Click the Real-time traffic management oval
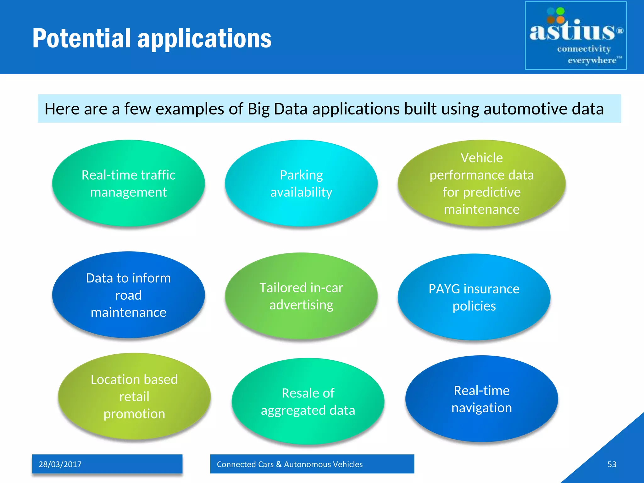pyautogui.click(x=128, y=183)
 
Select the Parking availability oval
pyautogui.click(x=301, y=183)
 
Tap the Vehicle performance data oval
pyautogui.click(x=481, y=183)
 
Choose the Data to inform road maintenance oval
pyautogui.click(x=128, y=295)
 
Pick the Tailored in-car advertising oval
pyautogui.click(x=301, y=296)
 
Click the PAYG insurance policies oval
pyautogui.click(x=474, y=297)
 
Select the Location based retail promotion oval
pyautogui.click(x=134, y=396)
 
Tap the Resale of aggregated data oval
pyautogui.click(x=308, y=401)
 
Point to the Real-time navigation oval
pyautogui.click(x=481, y=399)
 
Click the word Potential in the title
pyautogui.click(x=81, y=38)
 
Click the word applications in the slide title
pyautogui.click(x=204, y=39)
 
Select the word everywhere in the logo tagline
pyautogui.click(x=592, y=60)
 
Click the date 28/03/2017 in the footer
pyautogui.click(x=60, y=464)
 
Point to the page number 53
pyautogui.click(x=612, y=464)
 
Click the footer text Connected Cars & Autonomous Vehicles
pyautogui.click(x=290, y=464)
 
